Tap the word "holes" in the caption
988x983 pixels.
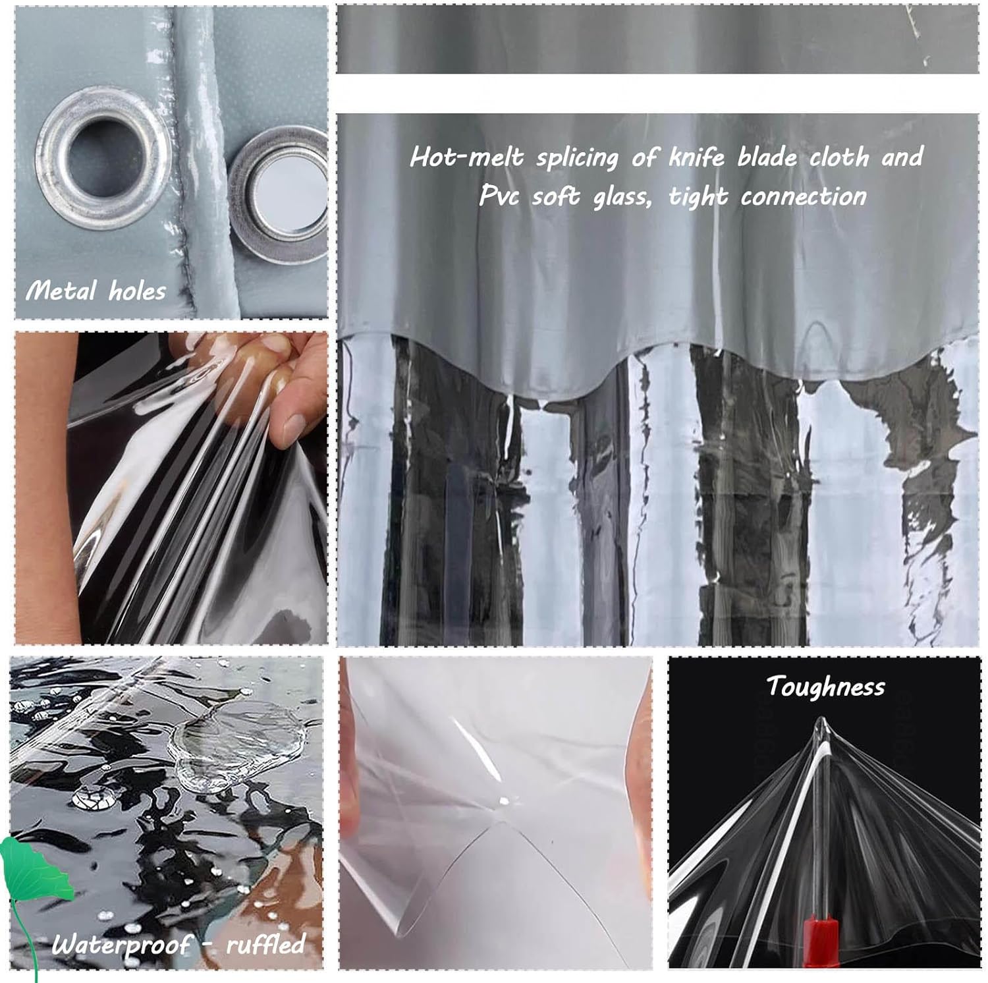pos(137,291)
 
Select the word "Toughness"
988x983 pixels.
pos(825,687)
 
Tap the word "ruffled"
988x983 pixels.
pos(265,945)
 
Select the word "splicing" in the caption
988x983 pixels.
pos(578,158)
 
